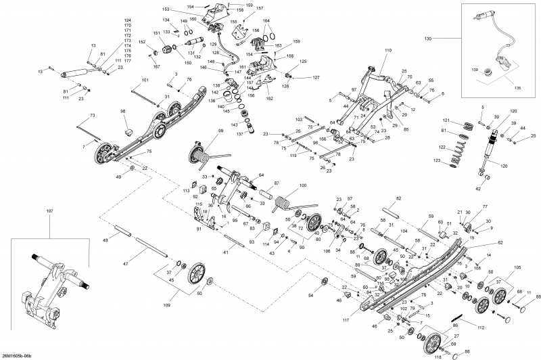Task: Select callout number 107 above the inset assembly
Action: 49,212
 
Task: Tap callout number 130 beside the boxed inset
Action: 427,39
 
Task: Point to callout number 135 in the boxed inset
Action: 519,88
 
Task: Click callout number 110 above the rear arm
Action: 388,51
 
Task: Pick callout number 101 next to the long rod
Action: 144,81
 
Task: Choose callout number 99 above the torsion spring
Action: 220,130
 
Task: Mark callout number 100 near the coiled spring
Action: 302,185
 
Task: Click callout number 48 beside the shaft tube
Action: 105,240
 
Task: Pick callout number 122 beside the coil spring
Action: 442,147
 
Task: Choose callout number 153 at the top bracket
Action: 166,9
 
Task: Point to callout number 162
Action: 269,99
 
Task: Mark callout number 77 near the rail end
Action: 484,206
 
